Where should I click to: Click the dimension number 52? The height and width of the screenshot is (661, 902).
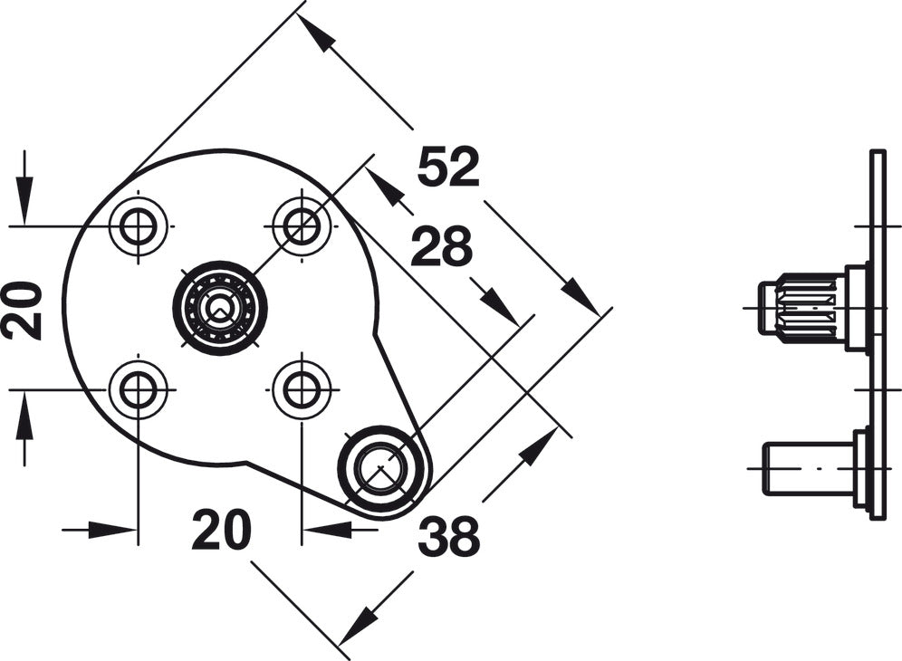point(448,167)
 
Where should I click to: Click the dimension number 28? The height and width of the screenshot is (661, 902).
point(442,246)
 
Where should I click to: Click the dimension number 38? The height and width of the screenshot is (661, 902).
point(448,536)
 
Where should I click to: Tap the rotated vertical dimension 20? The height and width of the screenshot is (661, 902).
point(23,310)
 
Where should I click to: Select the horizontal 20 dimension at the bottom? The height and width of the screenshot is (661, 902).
point(222,530)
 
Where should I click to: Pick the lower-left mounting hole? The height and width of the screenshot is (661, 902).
point(138,389)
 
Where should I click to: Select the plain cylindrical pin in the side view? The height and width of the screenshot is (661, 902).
point(808,468)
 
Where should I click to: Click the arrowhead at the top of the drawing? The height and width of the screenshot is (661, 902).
point(316,34)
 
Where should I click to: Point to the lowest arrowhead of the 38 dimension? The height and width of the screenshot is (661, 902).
point(359,624)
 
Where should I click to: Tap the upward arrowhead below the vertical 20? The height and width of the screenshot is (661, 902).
point(24,416)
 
